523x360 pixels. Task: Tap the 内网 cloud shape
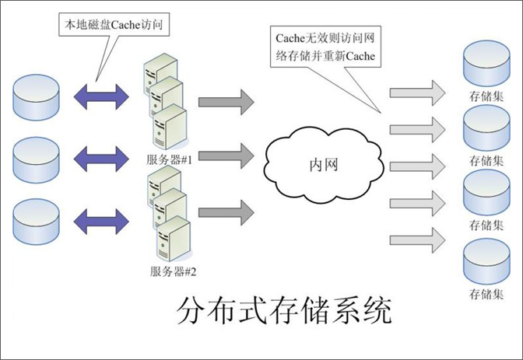(x=322, y=166)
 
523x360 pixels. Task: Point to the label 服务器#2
(x=171, y=271)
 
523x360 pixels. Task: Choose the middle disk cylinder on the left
(x=37, y=157)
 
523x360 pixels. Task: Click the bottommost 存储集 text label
(x=487, y=295)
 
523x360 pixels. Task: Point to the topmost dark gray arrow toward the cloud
(x=226, y=100)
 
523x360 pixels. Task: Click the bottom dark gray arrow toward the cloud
(x=226, y=210)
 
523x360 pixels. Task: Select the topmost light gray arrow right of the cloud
(x=416, y=93)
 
